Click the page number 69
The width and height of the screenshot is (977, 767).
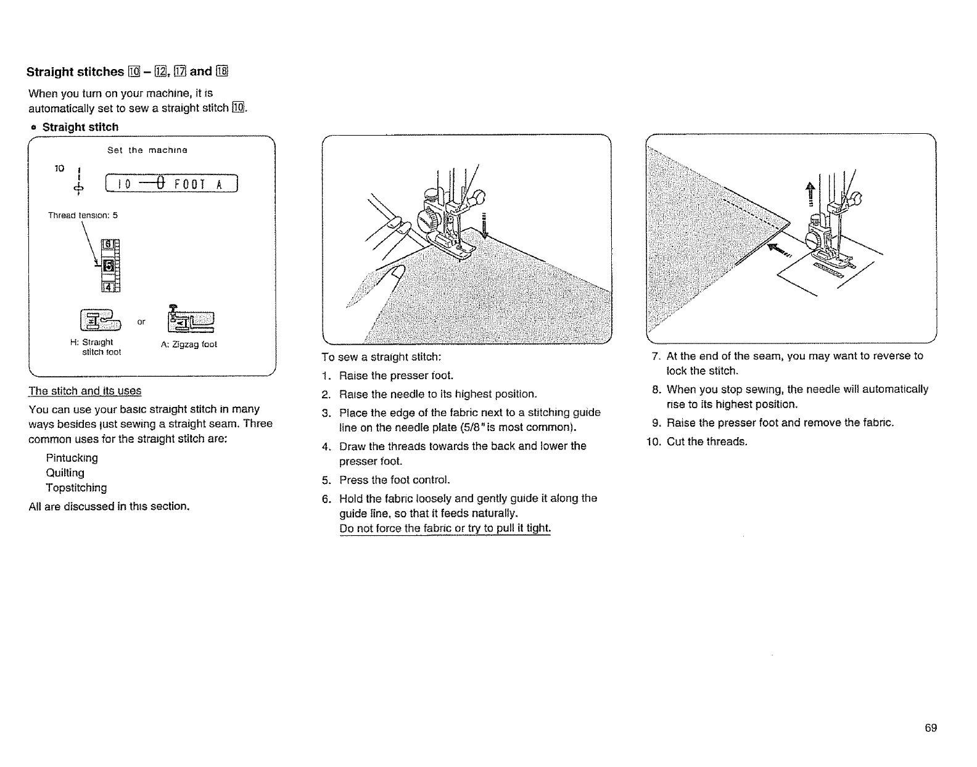(x=931, y=728)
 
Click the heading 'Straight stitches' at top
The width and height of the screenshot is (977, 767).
(x=75, y=72)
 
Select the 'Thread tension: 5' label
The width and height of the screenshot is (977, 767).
(x=83, y=215)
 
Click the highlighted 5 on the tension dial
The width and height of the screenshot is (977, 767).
(x=108, y=266)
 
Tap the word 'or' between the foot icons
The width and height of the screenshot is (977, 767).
(x=142, y=322)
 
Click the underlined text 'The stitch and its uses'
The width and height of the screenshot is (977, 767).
(x=85, y=391)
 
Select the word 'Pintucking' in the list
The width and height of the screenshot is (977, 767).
(x=72, y=458)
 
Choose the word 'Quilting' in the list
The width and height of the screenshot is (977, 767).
(x=65, y=473)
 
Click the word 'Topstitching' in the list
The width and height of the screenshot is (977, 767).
(x=76, y=488)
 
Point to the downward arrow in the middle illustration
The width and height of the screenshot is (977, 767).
(x=484, y=225)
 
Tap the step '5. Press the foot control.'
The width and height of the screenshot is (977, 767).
(x=388, y=480)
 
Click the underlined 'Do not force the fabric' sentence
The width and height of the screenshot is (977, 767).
(x=445, y=528)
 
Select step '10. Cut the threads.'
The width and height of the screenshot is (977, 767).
(x=697, y=441)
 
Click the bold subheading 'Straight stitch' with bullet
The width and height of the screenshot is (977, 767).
(x=80, y=127)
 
